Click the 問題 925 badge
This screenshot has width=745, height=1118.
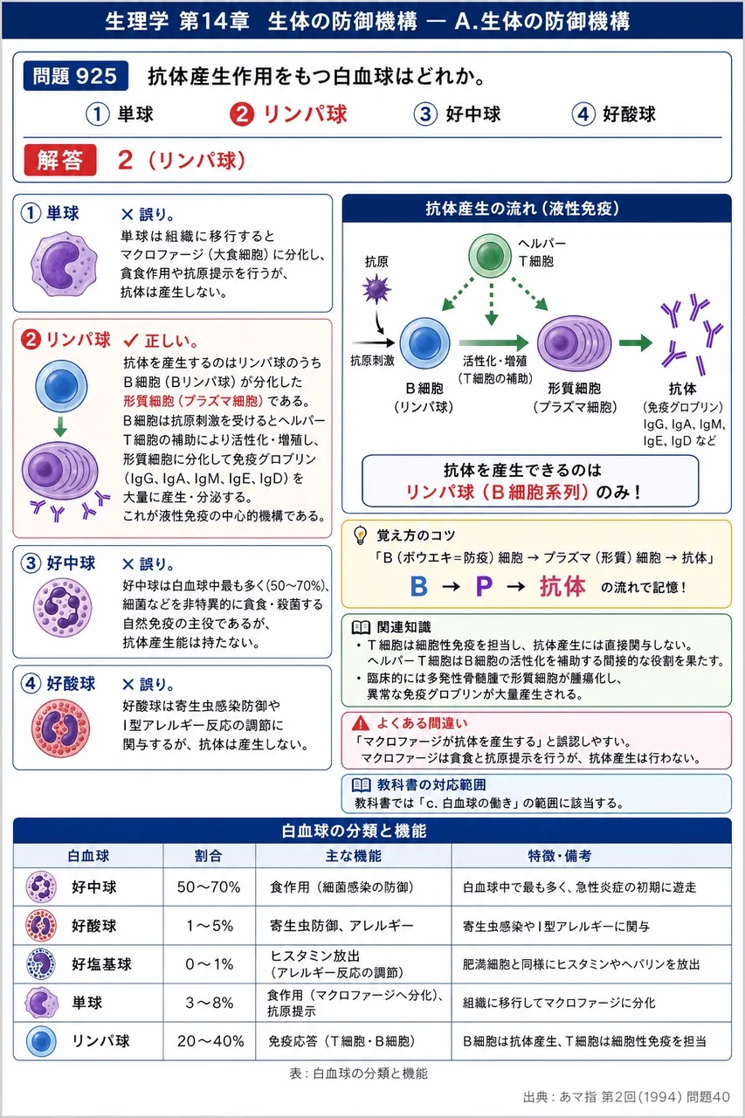click(x=75, y=76)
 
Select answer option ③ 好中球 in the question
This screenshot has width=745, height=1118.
click(x=457, y=114)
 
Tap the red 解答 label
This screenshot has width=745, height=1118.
click(x=60, y=160)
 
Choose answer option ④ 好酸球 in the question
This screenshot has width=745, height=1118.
click(x=613, y=114)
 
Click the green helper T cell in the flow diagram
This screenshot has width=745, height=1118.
click(x=489, y=255)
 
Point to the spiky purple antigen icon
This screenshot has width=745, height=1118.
click(x=376, y=289)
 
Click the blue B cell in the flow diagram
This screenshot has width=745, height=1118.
click(x=424, y=343)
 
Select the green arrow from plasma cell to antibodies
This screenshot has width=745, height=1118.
click(x=635, y=343)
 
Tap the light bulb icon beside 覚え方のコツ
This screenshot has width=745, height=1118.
click(x=360, y=535)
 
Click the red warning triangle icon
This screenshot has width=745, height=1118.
click(x=361, y=722)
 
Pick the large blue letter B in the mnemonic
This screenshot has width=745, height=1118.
click(x=418, y=586)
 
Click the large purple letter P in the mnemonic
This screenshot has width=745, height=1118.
click(x=484, y=586)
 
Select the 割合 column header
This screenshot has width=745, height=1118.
click(x=208, y=856)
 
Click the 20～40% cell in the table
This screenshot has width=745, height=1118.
click(x=210, y=1041)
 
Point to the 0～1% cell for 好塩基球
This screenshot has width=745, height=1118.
click(x=210, y=963)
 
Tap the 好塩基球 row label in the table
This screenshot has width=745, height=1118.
click(x=101, y=963)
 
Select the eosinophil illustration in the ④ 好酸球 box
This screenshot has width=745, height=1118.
click(x=60, y=728)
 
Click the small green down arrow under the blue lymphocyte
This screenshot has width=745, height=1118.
click(x=60, y=427)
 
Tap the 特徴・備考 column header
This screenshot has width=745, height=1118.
click(x=559, y=856)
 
